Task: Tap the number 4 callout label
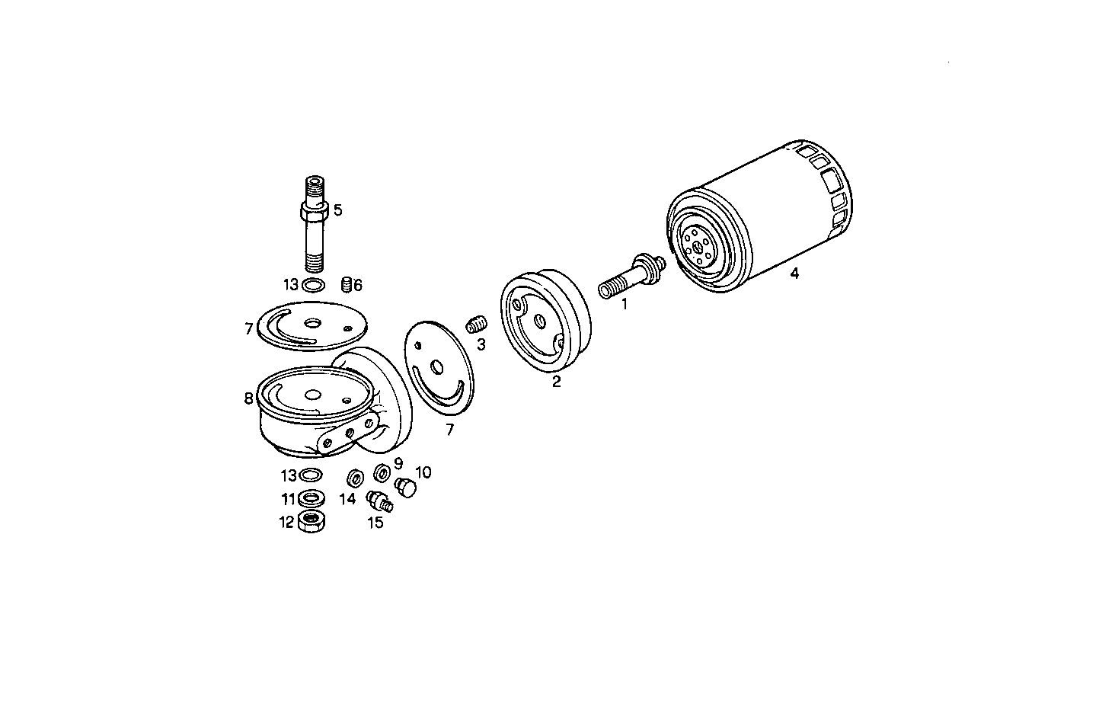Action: point(794,274)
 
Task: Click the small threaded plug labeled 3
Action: point(476,324)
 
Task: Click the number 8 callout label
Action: point(248,398)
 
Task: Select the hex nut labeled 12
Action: point(310,522)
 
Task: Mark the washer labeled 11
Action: point(310,499)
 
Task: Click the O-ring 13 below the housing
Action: point(310,475)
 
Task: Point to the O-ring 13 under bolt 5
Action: point(312,286)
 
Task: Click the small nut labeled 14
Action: point(355,480)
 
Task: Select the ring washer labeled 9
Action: point(380,473)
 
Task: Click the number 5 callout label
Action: point(337,210)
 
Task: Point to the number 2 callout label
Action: point(556,382)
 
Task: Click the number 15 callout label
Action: point(375,523)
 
